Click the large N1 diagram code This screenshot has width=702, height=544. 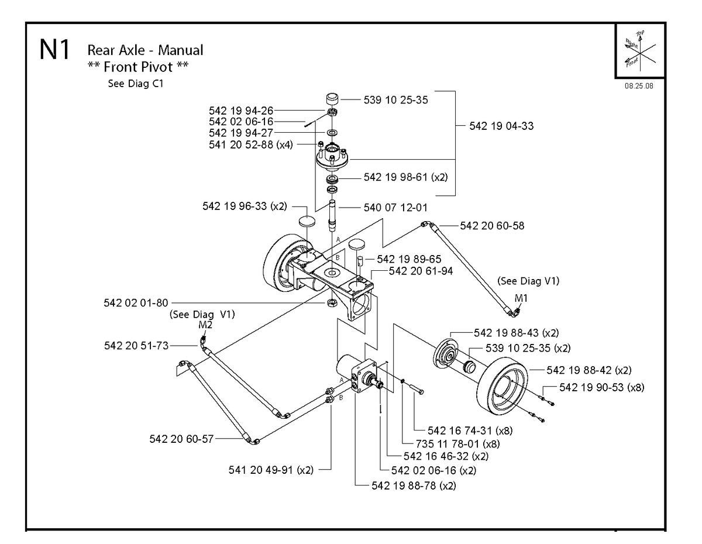(54, 50)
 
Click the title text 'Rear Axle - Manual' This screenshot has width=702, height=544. (145, 50)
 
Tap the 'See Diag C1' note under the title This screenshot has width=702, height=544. (136, 83)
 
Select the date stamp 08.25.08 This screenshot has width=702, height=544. (639, 86)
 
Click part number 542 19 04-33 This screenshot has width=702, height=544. (501, 126)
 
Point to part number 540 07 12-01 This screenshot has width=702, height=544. (395, 208)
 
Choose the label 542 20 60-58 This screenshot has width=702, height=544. (492, 225)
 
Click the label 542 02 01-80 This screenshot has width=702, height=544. (136, 302)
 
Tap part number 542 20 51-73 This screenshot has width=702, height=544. (136, 346)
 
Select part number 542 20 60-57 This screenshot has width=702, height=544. (181, 439)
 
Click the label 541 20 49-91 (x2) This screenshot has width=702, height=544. (271, 470)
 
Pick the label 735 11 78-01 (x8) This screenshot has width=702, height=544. (458, 443)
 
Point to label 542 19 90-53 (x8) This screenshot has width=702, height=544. (602, 387)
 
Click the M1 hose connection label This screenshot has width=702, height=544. (521, 298)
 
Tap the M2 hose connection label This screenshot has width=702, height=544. (205, 324)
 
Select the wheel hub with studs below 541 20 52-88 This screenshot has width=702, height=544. (332, 159)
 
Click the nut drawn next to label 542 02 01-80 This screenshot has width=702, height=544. (331, 303)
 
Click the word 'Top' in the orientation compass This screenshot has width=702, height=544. (640, 33)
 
